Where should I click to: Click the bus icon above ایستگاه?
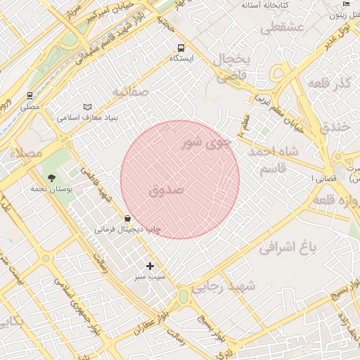181,48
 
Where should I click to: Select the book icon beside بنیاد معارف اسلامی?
87,107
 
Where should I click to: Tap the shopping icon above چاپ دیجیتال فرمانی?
127,218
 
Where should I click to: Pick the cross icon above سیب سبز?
150,266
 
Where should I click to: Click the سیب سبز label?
150,277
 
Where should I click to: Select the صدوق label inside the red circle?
167,190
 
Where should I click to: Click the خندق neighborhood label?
335,128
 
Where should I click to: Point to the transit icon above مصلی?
30,95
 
